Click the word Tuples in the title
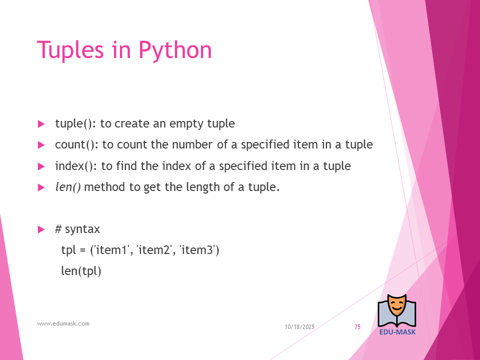click(x=70, y=49)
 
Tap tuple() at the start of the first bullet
click(x=73, y=123)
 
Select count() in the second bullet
click(x=75, y=145)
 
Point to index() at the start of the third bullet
click(x=74, y=166)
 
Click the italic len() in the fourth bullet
click(x=68, y=187)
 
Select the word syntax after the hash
click(x=82, y=229)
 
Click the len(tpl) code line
click(x=81, y=271)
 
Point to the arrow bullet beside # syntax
click(x=41, y=229)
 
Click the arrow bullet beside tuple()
click(x=41, y=124)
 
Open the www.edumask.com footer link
click(x=63, y=323)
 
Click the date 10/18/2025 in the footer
click(x=299, y=327)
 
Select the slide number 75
click(x=357, y=327)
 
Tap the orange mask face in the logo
click(x=396, y=306)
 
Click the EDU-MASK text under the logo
click(x=397, y=332)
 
